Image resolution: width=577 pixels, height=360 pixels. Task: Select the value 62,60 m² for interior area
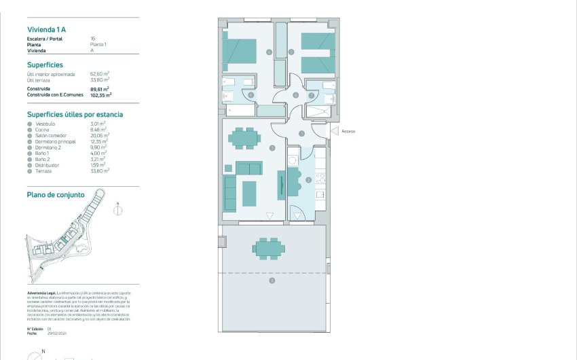click(x=100, y=73)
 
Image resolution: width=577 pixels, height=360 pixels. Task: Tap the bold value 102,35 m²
click(x=100, y=96)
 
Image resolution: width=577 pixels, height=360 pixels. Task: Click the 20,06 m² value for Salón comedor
click(x=100, y=135)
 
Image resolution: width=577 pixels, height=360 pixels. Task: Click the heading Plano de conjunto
click(x=56, y=194)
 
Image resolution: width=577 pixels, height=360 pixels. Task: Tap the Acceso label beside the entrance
click(x=348, y=131)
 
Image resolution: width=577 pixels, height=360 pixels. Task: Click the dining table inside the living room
click(x=244, y=139)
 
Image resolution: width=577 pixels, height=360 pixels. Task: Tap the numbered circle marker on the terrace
click(x=272, y=280)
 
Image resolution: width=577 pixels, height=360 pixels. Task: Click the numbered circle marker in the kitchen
click(x=308, y=180)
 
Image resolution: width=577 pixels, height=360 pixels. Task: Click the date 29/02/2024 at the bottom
click(x=57, y=334)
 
